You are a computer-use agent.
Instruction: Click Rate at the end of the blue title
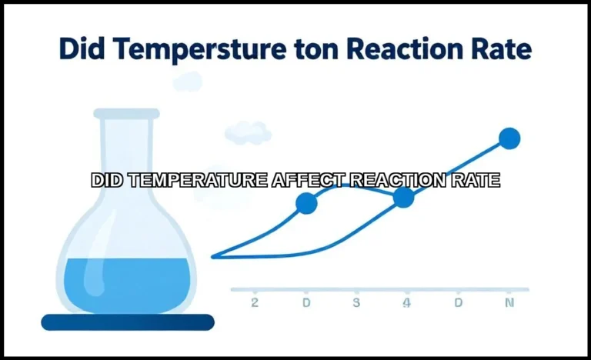[x=496, y=48]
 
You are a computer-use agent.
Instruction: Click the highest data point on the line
[x=509, y=138]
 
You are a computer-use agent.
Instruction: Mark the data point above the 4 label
[x=404, y=198]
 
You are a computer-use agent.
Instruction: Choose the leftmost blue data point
[x=306, y=203]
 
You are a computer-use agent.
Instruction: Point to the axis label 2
[x=255, y=302]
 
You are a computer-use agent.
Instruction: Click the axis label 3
[x=356, y=302]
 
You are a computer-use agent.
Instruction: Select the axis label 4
[x=406, y=302]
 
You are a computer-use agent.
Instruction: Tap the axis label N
[x=509, y=302]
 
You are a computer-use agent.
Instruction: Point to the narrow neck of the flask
[x=127, y=154]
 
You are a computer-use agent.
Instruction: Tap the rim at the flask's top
[x=127, y=114]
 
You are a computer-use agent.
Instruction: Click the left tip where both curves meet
[x=214, y=256]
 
